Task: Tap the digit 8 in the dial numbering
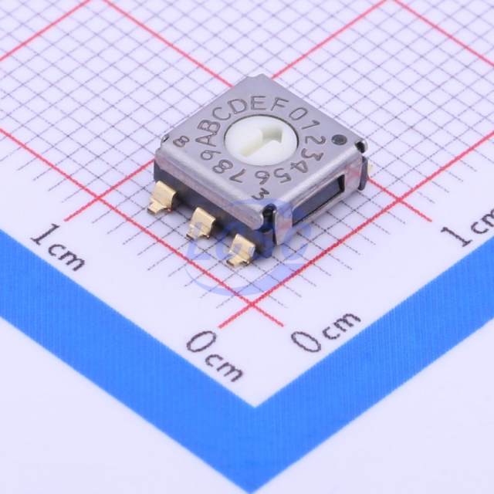[221, 167]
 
